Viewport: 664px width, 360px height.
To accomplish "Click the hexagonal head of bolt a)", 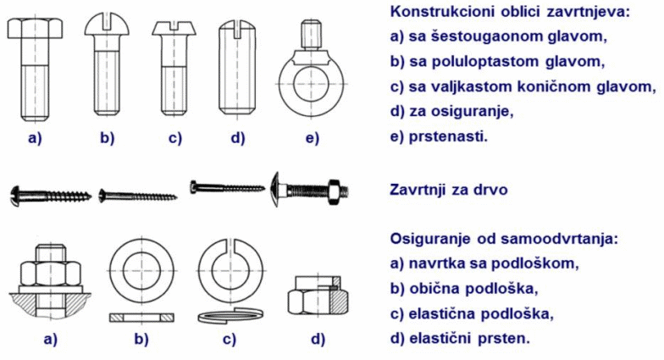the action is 36,29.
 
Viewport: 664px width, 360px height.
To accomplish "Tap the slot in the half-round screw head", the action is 107,22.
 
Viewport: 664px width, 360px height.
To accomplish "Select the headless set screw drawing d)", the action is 237,68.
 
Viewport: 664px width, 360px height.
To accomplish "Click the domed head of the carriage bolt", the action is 274,190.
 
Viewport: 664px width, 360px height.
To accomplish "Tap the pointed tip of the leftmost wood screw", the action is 90,197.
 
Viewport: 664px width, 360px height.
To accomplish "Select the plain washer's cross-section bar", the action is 141,317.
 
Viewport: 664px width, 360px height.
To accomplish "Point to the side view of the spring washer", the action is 230,315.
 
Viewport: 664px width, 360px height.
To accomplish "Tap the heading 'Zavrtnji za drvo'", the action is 449,190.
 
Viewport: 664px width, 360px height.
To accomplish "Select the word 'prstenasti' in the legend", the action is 448,136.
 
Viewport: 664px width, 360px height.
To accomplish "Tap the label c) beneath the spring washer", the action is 229,339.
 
